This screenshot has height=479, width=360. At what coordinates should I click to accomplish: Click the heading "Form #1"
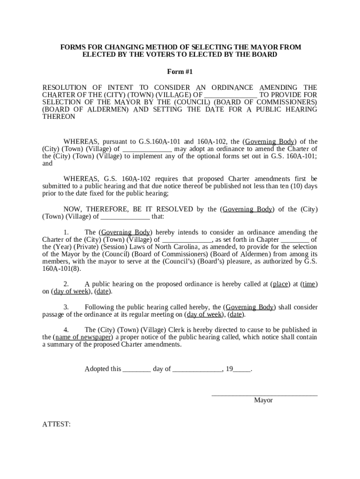click(x=180, y=72)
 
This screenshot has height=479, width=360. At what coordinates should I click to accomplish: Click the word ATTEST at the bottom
click(x=57, y=424)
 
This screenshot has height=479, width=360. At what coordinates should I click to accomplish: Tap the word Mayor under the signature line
click(x=263, y=400)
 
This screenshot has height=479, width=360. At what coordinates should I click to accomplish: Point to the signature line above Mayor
click(x=265, y=395)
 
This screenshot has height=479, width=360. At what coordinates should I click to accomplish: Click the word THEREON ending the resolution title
click(x=58, y=116)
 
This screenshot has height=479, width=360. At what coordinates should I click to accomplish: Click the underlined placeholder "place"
click(x=281, y=284)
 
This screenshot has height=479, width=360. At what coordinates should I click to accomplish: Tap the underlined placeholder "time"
click(x=309, y=284)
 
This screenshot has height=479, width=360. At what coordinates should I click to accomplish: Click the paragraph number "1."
click(x=66, y=232)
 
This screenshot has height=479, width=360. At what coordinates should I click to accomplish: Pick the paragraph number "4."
click(x=66, y=330)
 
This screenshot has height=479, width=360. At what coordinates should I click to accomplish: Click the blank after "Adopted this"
click(x=137, y=369)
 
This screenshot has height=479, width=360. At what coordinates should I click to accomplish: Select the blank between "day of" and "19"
click(x=197, y=369)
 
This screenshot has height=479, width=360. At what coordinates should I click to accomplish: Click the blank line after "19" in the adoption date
click(x=242, y=369)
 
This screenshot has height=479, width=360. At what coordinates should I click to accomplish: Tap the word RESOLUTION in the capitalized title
click(x=65, y=87)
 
